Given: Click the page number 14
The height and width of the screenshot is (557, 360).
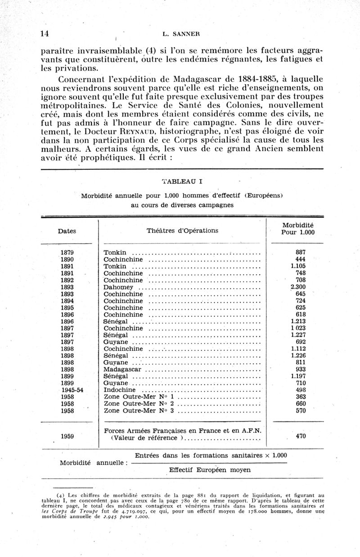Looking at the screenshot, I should tap(45, 33).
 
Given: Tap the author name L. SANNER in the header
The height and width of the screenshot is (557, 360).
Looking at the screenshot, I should tap(180, 33).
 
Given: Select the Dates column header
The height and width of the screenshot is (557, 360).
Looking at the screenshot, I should tap(67, 231).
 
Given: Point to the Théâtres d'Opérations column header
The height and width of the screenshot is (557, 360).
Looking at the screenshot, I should tap(182, 231).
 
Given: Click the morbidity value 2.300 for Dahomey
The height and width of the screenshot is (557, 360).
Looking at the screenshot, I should tap(298, 287).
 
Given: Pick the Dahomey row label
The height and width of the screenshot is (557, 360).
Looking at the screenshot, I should tap(117, 287).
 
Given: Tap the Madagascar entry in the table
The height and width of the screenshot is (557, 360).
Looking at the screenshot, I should tap(123, 368).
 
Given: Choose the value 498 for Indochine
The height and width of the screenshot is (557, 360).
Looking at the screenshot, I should tap(301, 389).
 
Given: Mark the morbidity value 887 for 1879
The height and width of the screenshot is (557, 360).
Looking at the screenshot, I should tap(301, 252).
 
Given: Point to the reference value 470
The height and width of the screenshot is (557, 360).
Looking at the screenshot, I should tap(301, 436).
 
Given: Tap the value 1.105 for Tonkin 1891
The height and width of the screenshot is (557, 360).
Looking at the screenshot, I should tap(298, 266).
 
